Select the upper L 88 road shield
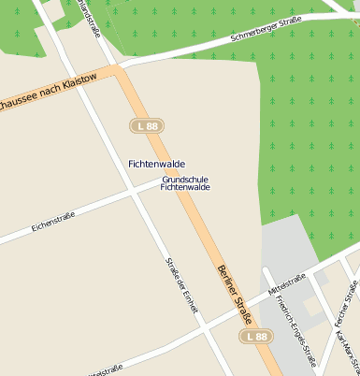coord(147,125)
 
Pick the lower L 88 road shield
coord(255,336)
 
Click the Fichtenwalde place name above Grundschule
coord(156,164)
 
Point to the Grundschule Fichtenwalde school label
coord(185,183)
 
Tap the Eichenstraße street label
coord(52,221)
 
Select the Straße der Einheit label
coord(182,285)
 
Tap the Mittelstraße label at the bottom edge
coord(103,371)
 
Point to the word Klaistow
coord(74,82)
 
